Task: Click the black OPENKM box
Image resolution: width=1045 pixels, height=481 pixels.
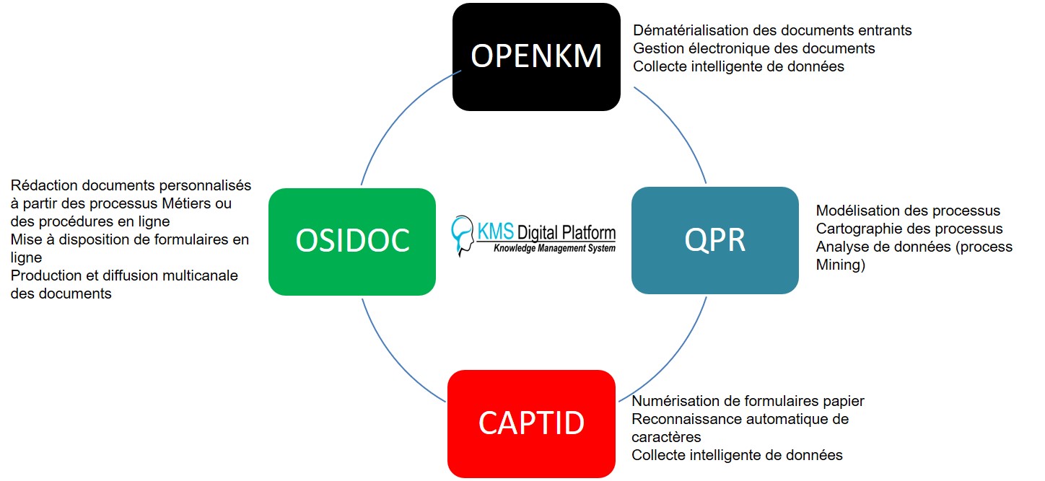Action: pos(536,57)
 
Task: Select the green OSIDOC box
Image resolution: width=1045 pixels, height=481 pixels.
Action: pos(352,242)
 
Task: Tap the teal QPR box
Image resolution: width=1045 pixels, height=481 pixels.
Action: pos(715,240)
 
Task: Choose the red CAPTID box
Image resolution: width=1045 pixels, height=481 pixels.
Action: pos(531,424)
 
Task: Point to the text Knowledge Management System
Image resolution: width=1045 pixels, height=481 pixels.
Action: pos(555,248)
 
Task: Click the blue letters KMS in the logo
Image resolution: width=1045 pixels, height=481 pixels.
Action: pos(496,231)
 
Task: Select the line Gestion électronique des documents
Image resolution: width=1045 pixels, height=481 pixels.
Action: pos(754,48)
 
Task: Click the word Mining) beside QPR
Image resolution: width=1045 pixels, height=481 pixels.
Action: pos(841,265)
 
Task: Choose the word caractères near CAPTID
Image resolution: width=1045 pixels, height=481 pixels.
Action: pos(666,437)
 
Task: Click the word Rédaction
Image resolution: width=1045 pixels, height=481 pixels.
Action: pos(44,185)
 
